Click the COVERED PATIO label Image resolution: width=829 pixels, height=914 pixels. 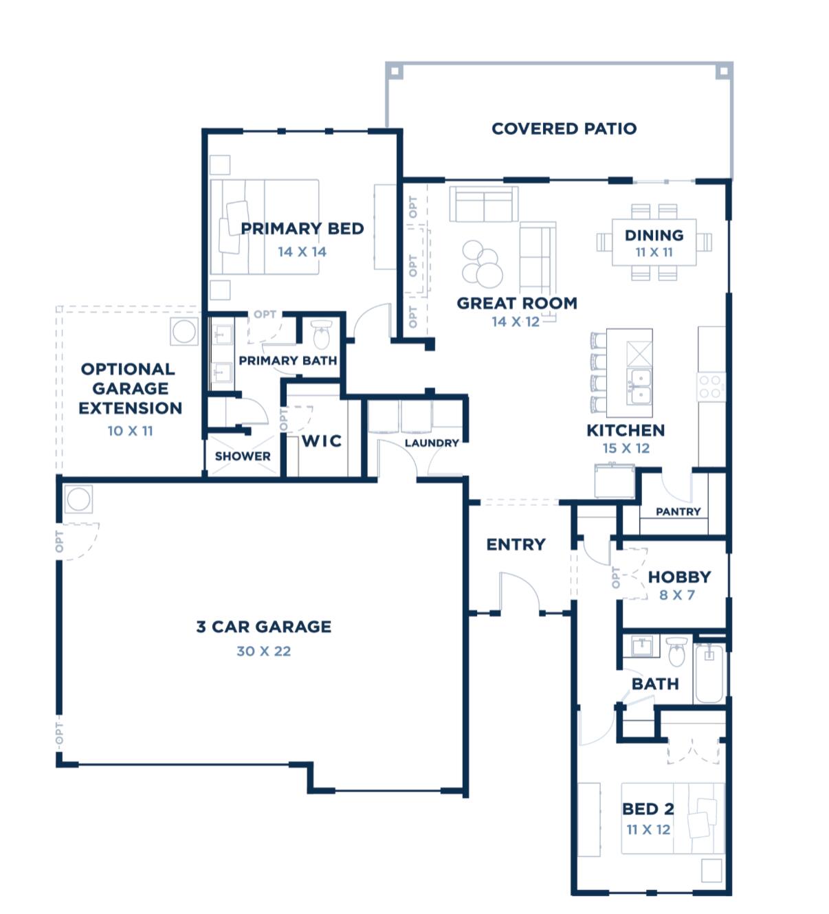pyautogui.click(x=564, y=129)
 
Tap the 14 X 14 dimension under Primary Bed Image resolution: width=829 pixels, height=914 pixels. pyautogui.click(x=302, y=252)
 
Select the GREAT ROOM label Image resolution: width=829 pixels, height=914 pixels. pyautogui.click(x=517, y=303)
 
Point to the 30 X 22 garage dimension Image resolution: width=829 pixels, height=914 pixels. pyautogui.click(x=263, y=651)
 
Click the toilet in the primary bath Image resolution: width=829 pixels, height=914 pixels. pyautogui.click(x=322, y=335)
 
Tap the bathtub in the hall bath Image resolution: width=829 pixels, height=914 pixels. pyautogui.click(x=709, y=673)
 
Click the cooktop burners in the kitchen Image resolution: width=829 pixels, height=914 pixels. pyautogui.click(x=711, y=387)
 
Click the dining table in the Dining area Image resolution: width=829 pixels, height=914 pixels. pyautogui.click(x=654, y=243)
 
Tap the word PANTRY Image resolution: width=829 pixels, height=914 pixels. pyautogui.click(x=678, y=511)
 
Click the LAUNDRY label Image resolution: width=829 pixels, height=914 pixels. pyautogui.click(x=431, y=443)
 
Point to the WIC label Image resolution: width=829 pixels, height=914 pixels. pyautogui.click(x=322, y=441)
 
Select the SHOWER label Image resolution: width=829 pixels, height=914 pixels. pyautogui.click(x=243, y=456)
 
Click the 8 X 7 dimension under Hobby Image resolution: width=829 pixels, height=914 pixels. pyautogui.click(x=677, y=595)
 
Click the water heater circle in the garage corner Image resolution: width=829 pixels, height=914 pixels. pyautogui.click(x=78, y=499)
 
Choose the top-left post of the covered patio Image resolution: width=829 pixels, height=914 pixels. pyautogui.click(x=394, y=70)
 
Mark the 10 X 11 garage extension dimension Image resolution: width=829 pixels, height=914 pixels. pyautogui.click(x=130, y=431)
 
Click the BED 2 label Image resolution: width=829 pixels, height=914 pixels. pyautogui.click(x=648, y=809)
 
